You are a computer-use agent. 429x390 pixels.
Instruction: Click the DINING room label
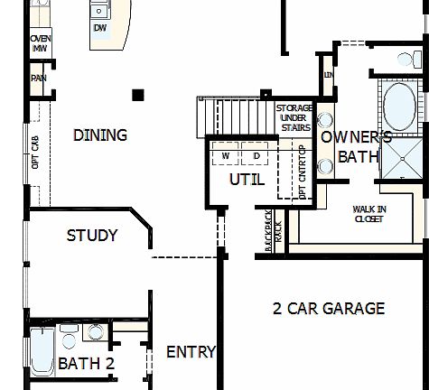pyautogui.click(x=99, y=135)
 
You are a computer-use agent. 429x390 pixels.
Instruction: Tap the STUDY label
pyautogui.click(x=92, y=236)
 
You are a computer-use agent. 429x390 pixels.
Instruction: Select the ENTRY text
pyautogui.click(x=191, y=352)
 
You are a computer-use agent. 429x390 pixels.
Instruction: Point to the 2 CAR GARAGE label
pyautogui.click(x=329, y=309)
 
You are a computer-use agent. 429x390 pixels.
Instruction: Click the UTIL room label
pyautogui.click(x=247, y=180)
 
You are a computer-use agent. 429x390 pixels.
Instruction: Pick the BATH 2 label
pyautogui.click(x=87, y=364)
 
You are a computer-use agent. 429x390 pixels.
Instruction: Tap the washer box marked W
pyautogui.click(x=225, y=156)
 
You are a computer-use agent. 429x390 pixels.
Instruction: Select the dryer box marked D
pyautogui.click(x=256, y=156)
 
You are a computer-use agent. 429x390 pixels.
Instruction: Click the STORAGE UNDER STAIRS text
pyautogui.click(x=294, y=118)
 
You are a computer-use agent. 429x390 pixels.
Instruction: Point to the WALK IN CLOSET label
pyautogui.click(x=369, y=213)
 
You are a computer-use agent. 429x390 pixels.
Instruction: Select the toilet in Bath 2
pyautogui.click(x=69, y=338)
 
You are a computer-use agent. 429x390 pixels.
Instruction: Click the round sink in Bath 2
pyautogui.click(x=96, y=333)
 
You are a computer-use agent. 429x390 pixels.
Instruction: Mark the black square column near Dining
pyautogui.click(x=137, y=95)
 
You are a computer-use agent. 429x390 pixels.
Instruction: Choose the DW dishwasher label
pyautogui.click(x=99, y=27)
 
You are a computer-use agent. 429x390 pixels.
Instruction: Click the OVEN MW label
pyautogui.click(x=40, y=44)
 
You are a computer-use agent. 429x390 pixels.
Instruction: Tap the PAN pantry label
pyautogui.click(x=39, y=78)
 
